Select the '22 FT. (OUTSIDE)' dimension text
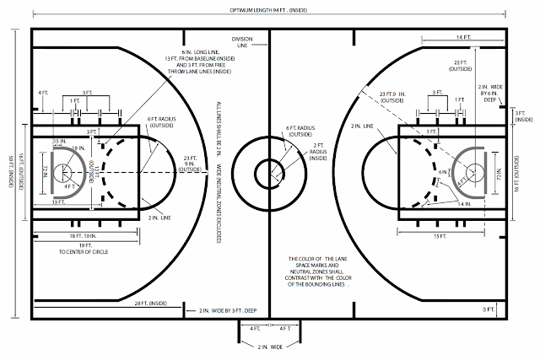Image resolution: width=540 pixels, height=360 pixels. click(462, 67)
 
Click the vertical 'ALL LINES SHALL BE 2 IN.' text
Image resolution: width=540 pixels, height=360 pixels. click(217, 169)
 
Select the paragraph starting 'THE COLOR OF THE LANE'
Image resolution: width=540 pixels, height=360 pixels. click(316, 271)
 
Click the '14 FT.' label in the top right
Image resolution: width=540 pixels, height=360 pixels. click(464, 37)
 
